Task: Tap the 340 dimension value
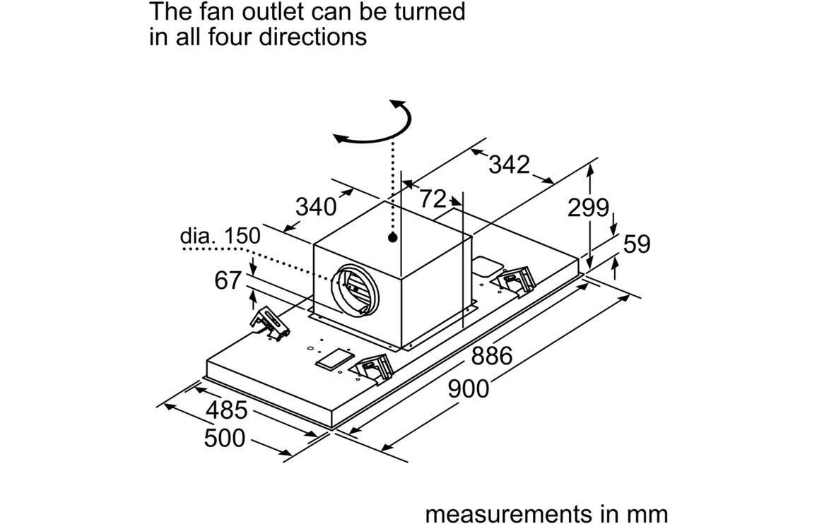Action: [316, 207]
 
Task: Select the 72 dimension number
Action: [433, 199]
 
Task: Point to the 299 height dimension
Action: [588, 208]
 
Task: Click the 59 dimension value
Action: [636, 244]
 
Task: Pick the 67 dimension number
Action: [228, 280]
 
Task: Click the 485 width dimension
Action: [226, 410]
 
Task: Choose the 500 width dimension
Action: [225, 439]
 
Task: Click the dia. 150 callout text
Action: [220, 236]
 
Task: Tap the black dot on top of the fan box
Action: [392, 238]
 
